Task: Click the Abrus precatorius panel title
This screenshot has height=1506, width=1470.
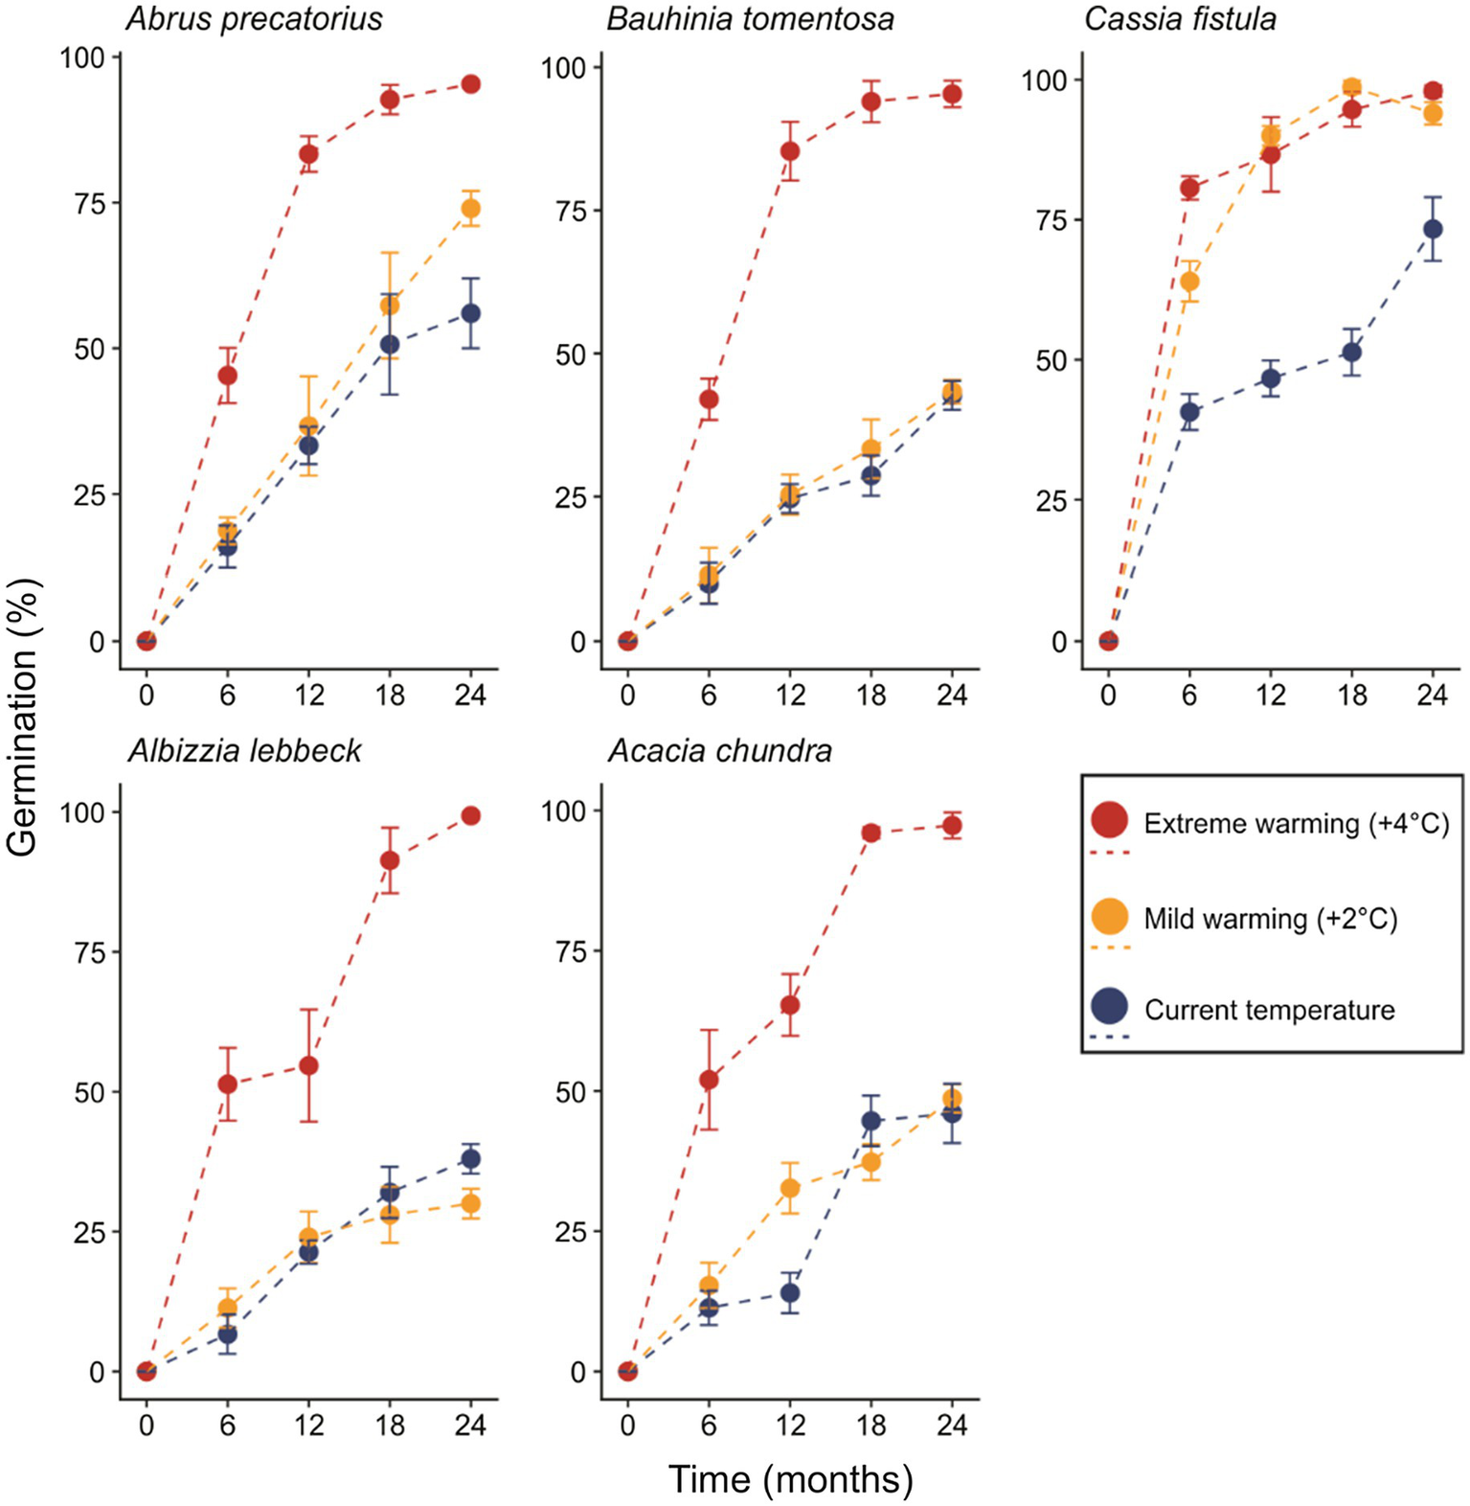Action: pos(254,19)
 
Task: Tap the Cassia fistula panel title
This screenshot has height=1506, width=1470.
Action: pos(1179,19)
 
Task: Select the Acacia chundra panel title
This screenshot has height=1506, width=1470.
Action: pos(719,750)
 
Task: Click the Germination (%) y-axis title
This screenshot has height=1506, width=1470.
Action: pos(22,717)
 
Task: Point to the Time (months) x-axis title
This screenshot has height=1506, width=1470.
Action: pos(790,1479)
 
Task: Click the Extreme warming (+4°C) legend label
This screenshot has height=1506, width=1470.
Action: pos(1296,824)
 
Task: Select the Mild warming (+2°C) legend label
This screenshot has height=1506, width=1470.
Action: pos(1270,919)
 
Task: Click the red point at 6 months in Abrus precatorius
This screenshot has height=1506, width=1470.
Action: pos(227,375)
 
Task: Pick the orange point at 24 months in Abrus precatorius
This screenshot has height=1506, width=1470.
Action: pos(470,209)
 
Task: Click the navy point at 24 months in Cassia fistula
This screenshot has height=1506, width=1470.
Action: pos(1432,229)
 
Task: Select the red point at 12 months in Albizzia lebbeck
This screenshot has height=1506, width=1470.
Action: pos(308,1065)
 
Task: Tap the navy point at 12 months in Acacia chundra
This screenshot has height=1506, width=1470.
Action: pos(789,1292)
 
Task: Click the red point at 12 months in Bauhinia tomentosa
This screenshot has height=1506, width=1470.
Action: pos(789,151)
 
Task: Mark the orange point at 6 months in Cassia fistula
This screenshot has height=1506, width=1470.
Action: pos(1188,282)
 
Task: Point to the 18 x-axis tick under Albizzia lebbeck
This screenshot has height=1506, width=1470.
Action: pos(390,1425)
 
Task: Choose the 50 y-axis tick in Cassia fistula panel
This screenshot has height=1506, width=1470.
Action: pos(1052,361)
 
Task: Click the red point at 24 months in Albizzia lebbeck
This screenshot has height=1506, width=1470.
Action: pos(470,815)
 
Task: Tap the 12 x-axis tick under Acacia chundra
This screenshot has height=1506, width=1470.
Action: pos(789,1425)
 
